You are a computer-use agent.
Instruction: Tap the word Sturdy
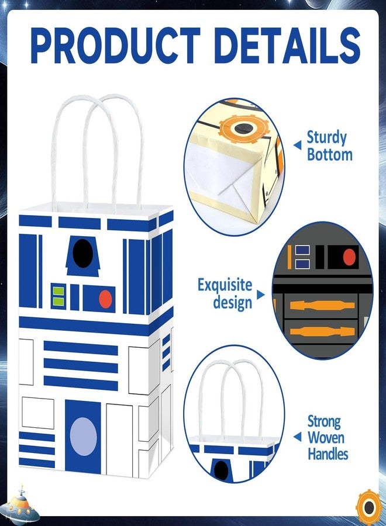326,138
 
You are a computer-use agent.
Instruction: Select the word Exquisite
225,285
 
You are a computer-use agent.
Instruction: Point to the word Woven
326,437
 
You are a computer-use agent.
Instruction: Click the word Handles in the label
328,454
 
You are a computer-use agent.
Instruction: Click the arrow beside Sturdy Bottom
297,146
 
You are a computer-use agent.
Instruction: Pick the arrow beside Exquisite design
260,295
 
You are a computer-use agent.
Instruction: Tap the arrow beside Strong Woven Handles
297,437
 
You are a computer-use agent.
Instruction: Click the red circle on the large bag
105,299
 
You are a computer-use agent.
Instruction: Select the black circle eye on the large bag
82,253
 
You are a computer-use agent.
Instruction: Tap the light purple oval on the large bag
83,437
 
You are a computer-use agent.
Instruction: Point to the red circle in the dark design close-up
349,257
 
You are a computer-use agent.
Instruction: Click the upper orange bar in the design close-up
322,305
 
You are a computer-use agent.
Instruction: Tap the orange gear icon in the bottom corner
369,507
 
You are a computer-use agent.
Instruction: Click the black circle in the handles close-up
221,470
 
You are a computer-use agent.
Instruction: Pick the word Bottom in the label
330,155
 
